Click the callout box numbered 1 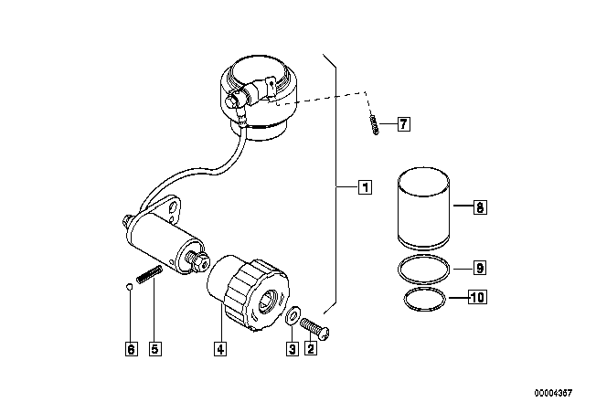point(365,187)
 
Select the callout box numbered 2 point(311,348)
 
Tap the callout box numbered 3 point(293,348)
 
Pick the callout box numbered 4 point(220,348)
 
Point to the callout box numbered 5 point(154,348)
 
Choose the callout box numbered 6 point(131,348)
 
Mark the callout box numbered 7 point(404,124)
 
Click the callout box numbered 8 point(480,207)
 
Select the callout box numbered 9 point(480,268)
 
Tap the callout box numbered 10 point(477,297)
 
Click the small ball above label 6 point(129,287)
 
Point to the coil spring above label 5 point(149,274)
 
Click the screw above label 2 point(314,329)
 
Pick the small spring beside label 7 point(374,124)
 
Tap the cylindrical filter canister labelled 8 point(423,208)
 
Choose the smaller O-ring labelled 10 point(424,289)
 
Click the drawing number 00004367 point(553,393)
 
